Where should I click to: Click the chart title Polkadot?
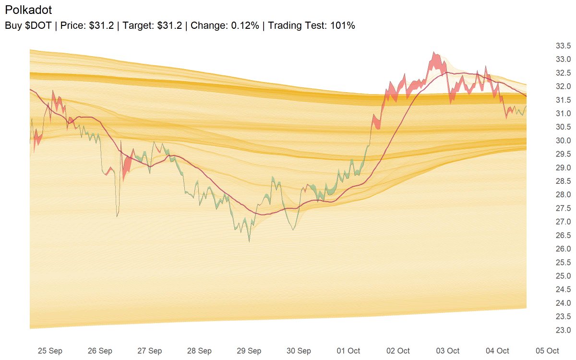28,10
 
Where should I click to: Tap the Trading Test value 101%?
343,26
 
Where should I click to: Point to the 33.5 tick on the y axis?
563,46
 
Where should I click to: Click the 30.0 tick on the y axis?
563,141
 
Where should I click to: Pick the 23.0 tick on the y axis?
563,330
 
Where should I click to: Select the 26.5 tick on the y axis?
563,236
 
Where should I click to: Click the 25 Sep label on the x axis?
50,351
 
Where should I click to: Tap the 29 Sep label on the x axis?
249,351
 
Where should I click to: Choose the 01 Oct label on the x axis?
348,351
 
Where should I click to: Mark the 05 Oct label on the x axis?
547,351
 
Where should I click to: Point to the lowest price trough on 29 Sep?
249,241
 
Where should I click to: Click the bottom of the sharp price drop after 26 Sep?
118,216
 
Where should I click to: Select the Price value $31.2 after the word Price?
101,26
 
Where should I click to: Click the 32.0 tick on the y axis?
563,86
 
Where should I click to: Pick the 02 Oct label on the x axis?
398,351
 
